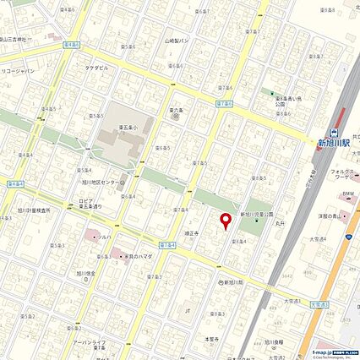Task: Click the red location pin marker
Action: (226, 221)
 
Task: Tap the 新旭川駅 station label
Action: (335, 143)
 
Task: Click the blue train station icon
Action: (335, 132)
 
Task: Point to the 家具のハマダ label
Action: (134, 254)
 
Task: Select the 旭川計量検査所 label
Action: (33, 210)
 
